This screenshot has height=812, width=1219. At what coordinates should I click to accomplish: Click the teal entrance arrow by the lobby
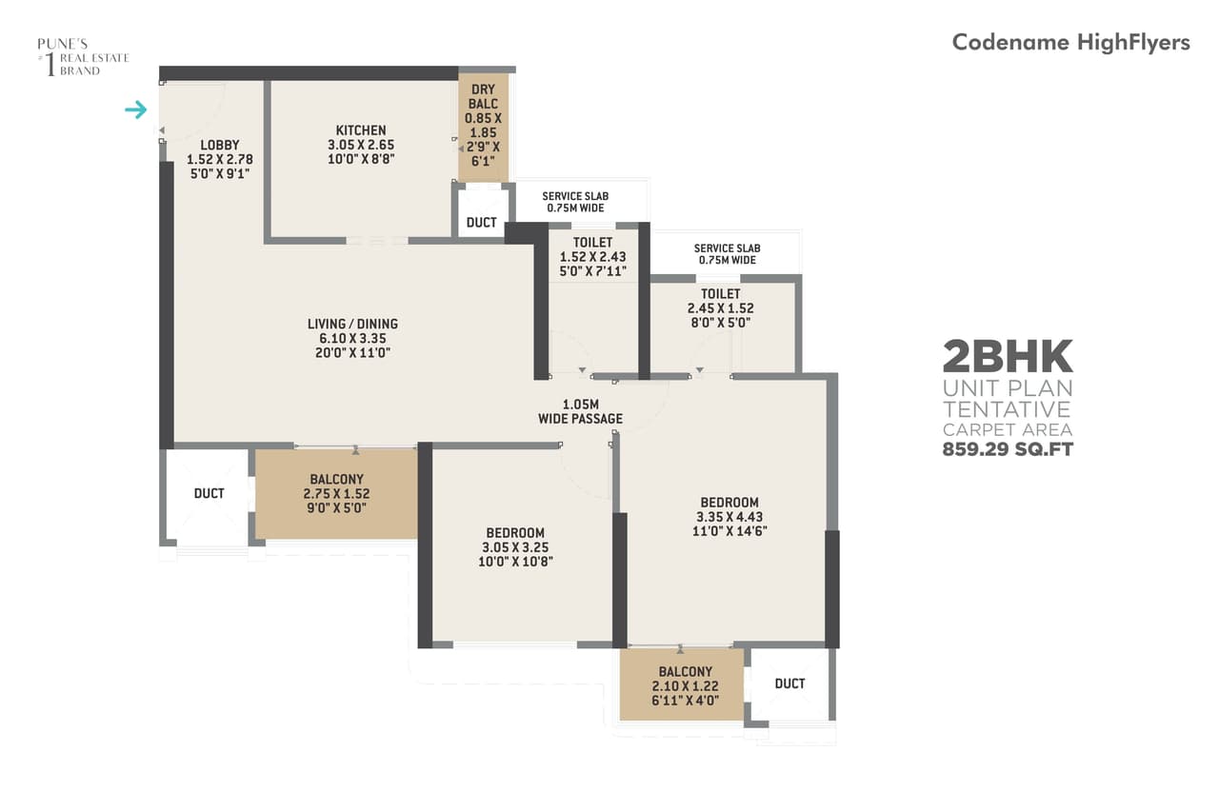[136, 110]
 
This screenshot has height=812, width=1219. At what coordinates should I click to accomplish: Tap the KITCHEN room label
[360, 130]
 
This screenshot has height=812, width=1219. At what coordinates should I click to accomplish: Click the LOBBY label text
[219, 145]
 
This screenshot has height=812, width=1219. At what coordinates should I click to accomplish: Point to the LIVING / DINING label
[352, 324]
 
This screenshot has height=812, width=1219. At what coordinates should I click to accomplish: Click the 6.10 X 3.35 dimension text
[352, 338]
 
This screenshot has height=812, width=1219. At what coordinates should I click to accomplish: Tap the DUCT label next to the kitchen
[482, 223]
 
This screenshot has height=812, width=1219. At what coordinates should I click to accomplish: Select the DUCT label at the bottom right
[789, 683]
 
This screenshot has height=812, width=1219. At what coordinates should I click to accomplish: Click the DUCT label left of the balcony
[209, 493]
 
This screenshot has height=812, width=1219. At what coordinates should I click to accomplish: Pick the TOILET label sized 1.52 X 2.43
[592, 243]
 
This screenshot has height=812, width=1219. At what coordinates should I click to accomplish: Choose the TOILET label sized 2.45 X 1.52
[720, 294]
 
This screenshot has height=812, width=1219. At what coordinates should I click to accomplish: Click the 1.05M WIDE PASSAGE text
[580, 411]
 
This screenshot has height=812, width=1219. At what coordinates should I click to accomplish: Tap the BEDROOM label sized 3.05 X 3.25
[515, 533]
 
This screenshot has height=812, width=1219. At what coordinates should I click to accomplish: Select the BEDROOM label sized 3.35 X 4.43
[729, 503]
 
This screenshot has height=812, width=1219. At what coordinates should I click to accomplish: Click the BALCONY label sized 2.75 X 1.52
[336, 480]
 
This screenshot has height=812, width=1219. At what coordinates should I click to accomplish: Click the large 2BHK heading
[1008, 357]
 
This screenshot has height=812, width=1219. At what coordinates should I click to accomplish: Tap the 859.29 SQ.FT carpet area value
[1008, 449]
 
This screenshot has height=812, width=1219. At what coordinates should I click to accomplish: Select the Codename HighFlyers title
[1070, 42]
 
